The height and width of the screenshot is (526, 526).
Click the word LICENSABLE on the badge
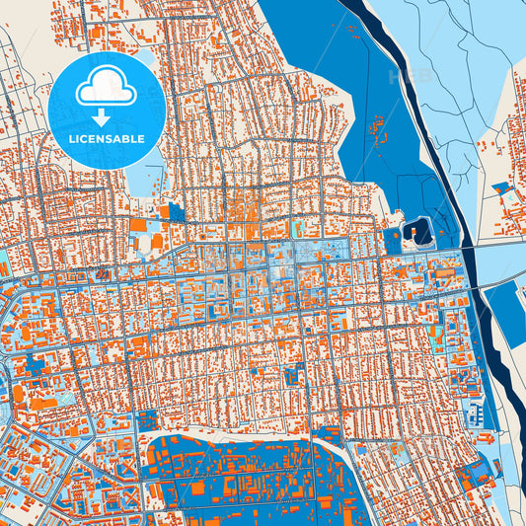(x=107, y=139)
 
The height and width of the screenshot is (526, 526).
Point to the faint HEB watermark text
(x=411, y=76)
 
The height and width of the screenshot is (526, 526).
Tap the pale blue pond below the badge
(x=144, y=178)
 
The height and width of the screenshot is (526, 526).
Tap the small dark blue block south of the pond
(x=176, y=212)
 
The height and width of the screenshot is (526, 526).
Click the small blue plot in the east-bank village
(x=501, y=187)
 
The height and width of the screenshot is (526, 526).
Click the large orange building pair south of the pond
(x=148, y=241)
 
